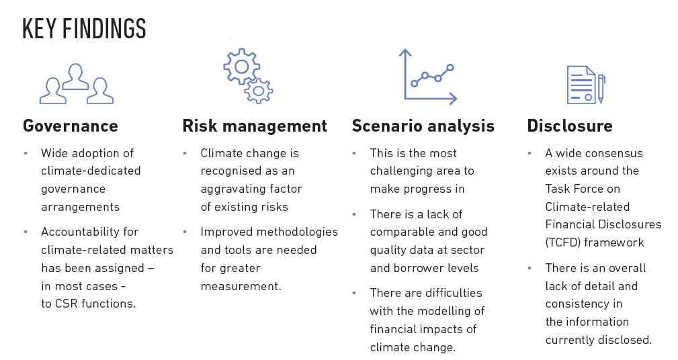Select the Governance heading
(x=71, y=126)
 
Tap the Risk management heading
(x=255, y=126)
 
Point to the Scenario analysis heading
(x=423, y=126)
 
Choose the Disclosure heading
(x=570, y=126)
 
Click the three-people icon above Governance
(x=75, y=83)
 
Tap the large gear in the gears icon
(x=240, y=66)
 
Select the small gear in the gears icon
(x=259, y=89)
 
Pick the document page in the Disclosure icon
(x=581, y=84)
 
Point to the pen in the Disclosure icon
(x=601, y=87)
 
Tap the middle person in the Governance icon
(x=75, y=75)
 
